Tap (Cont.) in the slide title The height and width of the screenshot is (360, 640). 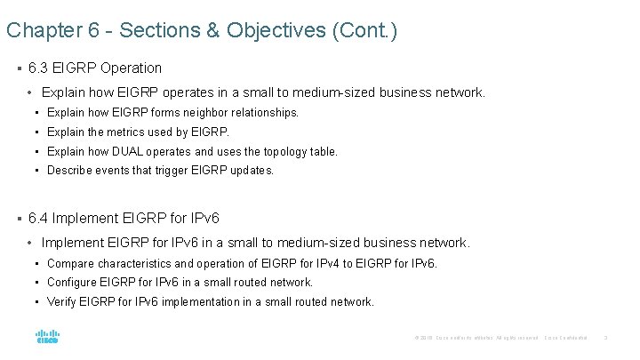[x=364, y=31]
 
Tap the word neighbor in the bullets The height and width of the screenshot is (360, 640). [x=182, y=113]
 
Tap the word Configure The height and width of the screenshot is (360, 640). [x=73, y=283]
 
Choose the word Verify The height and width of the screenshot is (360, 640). [x=61, y=302]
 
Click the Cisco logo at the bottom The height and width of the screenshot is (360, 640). [x=47, y=337]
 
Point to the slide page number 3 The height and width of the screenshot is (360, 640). [x=605, y=338]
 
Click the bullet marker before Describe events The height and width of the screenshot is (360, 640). [x=39, y=171]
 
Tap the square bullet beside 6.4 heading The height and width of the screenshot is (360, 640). [x=20, y=218]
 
